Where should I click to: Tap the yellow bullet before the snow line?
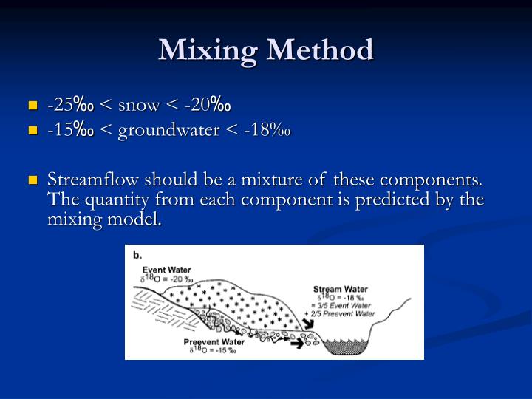(x=32, y=106)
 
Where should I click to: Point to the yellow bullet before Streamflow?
(x=32, y=180)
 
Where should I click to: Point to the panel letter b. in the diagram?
(x=137, y=256)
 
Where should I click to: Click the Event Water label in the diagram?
(x=166, y=270)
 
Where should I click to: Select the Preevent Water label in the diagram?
(x=214, y=341)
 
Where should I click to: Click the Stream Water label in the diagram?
(x=341, y=288)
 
